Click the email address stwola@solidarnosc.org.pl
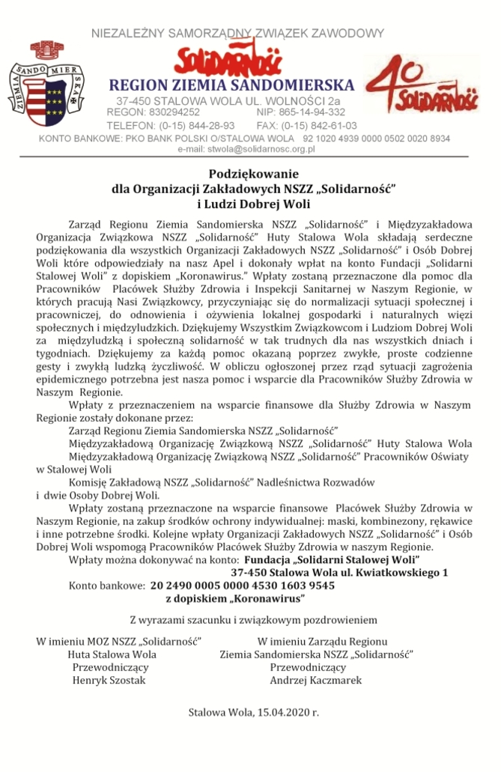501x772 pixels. tap(246, 149)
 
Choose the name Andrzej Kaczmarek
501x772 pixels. tap(315, 681)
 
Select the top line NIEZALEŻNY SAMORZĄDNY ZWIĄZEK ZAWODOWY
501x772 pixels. tap(237, 33)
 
